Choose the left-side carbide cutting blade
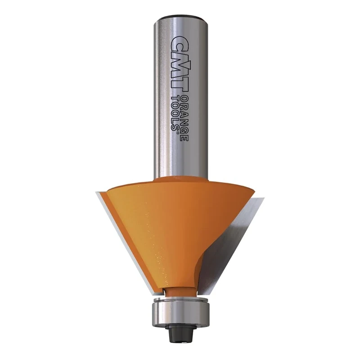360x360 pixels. pos(121,234)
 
